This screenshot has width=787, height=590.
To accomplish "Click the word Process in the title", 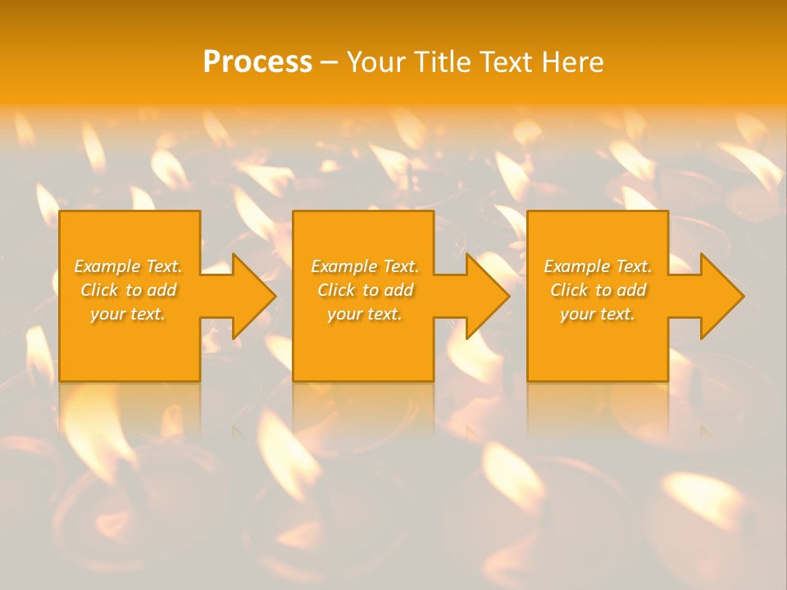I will click(x=257, y=62).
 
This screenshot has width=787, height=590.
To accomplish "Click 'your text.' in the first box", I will click(x=127, y=314).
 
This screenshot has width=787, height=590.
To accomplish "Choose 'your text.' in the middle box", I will click(x=364, y=314).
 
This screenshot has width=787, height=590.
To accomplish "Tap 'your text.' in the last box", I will click(x=597, y=314).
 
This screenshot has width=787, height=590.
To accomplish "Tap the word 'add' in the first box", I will click(x=161, y=290).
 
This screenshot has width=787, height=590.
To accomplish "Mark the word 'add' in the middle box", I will click(x=398, y=290).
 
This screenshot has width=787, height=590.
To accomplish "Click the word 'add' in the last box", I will click(x=631, y=290).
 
